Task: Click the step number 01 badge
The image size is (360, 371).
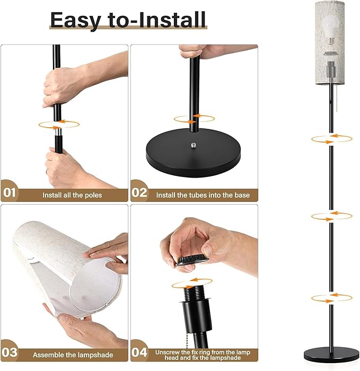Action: tap(10, 193)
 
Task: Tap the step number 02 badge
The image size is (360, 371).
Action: tap(139, 193)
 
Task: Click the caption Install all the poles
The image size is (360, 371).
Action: tap(72, 195)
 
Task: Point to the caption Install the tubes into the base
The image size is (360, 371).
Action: tap(203, 195)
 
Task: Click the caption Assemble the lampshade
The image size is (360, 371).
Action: tap(72, 355)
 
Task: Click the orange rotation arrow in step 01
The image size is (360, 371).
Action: tap(58, 124)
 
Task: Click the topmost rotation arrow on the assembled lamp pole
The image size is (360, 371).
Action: tap(331, 139)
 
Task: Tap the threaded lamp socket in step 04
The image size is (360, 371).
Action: tap(191, 297)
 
